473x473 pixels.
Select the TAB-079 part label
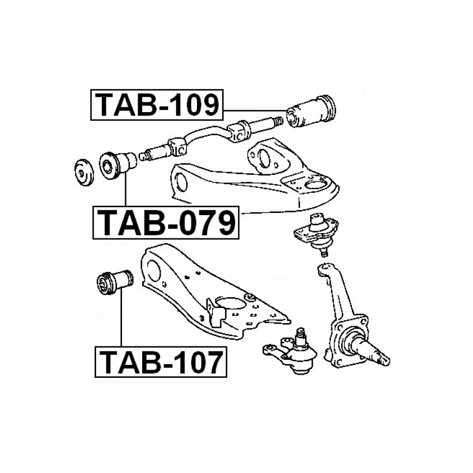(x=166, y=223)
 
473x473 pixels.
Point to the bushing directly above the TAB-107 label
(x=115, y=282)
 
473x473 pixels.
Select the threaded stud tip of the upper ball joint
(x=324, y=252)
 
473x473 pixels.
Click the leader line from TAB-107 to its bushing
(x=121, y=321)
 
